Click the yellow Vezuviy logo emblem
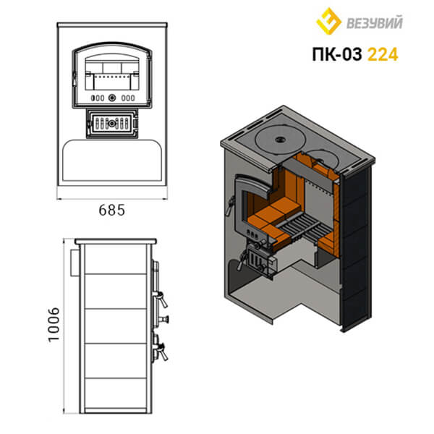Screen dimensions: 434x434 (328, 21)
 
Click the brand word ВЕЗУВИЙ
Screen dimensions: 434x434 (375, 22)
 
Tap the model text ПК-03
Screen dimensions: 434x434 (337, 54)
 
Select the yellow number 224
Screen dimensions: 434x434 (383, 54)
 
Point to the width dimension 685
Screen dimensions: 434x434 (112, 210)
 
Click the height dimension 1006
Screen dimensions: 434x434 (54, 325)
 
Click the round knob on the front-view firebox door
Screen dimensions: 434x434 (112, 98)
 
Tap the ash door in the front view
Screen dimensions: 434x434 (112, 123)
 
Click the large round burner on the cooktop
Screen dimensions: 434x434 (281, 139)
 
